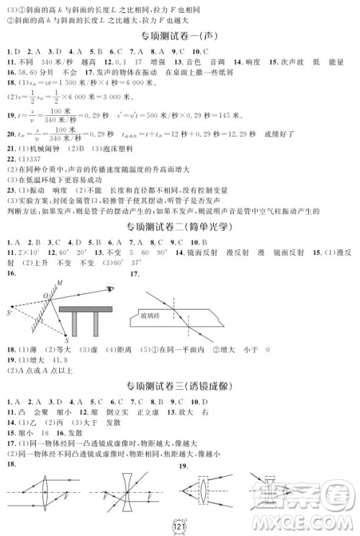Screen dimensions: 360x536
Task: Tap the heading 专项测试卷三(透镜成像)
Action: pos(182,384)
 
